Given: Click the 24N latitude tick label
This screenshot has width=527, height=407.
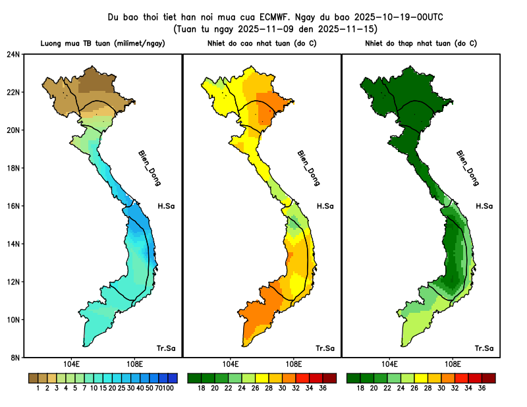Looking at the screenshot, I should (13, 54).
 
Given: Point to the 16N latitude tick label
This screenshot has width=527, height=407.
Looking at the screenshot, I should (13, 205).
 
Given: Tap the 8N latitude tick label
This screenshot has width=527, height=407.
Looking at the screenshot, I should (13, 358).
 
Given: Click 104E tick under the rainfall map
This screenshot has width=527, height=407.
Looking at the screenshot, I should (71, 364).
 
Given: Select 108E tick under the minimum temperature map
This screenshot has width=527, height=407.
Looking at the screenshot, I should (453, 364).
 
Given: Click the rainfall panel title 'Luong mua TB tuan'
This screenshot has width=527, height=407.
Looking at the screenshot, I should (75, 43).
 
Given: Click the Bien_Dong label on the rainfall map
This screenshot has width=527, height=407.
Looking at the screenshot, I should (149, 167).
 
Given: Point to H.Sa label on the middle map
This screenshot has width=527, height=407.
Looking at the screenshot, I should (325, 206).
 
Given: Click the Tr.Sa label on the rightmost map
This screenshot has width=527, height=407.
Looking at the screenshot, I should (484, 348).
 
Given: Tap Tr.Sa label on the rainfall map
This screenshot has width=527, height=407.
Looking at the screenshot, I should (165, 348).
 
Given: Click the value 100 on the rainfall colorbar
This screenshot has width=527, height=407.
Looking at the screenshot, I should (169, 389).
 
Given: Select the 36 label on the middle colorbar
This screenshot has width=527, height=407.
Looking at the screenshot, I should (323, 389).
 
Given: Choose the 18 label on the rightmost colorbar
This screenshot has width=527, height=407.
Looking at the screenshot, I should (361, 389).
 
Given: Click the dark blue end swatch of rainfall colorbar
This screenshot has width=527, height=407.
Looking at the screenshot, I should (173, 378).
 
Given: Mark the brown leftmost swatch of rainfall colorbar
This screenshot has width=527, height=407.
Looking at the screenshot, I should (33, 378).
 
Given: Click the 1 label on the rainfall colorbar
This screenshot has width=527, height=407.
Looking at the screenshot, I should (38, 389).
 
